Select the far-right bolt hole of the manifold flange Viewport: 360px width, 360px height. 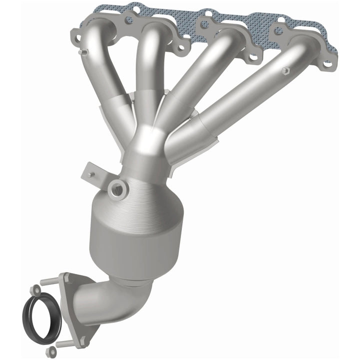pyautogui.click(x=327, y=64)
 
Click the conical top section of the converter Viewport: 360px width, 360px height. pyautogui.click(x=150, y=185)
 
